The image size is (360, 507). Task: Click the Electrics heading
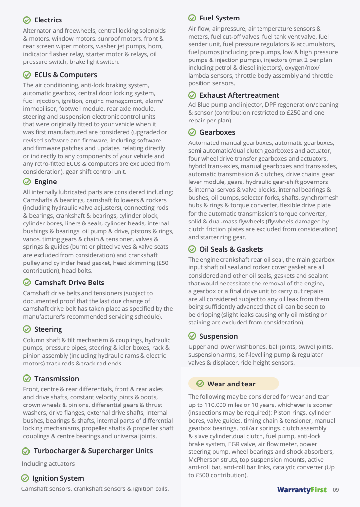(48, 20)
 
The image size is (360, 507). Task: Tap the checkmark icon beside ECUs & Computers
(27, 75)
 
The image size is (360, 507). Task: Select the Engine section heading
(45, 182)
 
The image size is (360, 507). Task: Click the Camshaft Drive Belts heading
(69, 283)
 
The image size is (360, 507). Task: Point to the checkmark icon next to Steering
(27, 329)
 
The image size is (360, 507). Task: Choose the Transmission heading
(56, 379)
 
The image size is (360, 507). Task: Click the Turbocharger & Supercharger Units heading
(93, 451)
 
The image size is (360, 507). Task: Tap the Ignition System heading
(58, 478)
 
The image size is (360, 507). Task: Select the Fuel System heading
(219, 18)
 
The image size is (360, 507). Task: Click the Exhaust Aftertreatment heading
(239, 95)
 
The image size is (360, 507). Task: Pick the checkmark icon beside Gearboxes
(192, 132)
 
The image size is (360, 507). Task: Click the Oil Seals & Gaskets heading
(231, 249)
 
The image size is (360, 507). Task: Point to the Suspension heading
(219, 336)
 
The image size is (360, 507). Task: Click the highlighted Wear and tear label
(231, 384)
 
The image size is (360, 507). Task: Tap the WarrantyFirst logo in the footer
(302, 490)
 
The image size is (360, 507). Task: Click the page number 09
(336, 490)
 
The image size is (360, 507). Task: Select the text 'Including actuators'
(48, 464)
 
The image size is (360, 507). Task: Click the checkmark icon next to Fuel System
(192, 18)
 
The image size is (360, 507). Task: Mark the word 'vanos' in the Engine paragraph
(32, 239)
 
